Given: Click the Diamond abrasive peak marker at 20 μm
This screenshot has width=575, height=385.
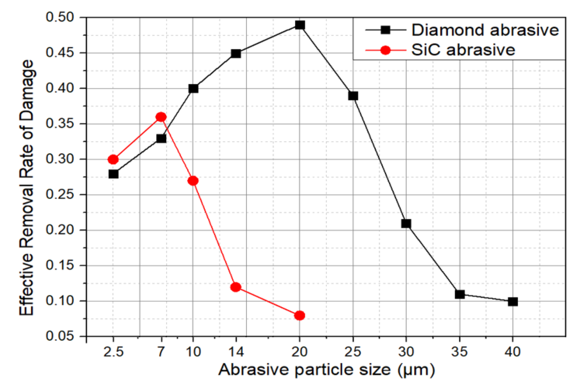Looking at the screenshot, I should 300,25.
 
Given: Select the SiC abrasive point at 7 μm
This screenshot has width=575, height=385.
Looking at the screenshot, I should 161,117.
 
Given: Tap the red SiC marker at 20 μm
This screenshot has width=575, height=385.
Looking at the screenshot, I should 299,315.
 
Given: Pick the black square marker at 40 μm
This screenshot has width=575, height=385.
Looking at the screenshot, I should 513,302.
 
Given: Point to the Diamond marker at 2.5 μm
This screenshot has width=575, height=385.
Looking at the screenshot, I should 113,174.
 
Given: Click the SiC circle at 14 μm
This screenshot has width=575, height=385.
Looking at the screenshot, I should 236,287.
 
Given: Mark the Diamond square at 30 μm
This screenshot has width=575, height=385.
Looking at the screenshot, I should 406,224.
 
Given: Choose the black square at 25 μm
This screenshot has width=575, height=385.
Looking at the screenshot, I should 353,96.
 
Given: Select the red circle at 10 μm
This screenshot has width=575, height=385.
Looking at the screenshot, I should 193,181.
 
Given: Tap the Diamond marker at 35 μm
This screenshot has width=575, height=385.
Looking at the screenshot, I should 459,295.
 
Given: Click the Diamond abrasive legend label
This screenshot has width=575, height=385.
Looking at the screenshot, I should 485,30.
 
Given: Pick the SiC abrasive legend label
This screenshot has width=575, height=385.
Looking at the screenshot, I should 463,50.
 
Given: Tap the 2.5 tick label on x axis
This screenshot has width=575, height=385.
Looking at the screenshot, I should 113,352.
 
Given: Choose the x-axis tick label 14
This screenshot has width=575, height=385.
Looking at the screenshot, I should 236,352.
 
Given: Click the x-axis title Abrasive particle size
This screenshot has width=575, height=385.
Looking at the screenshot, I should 326,370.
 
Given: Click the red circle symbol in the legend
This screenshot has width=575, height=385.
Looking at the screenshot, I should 385,50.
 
